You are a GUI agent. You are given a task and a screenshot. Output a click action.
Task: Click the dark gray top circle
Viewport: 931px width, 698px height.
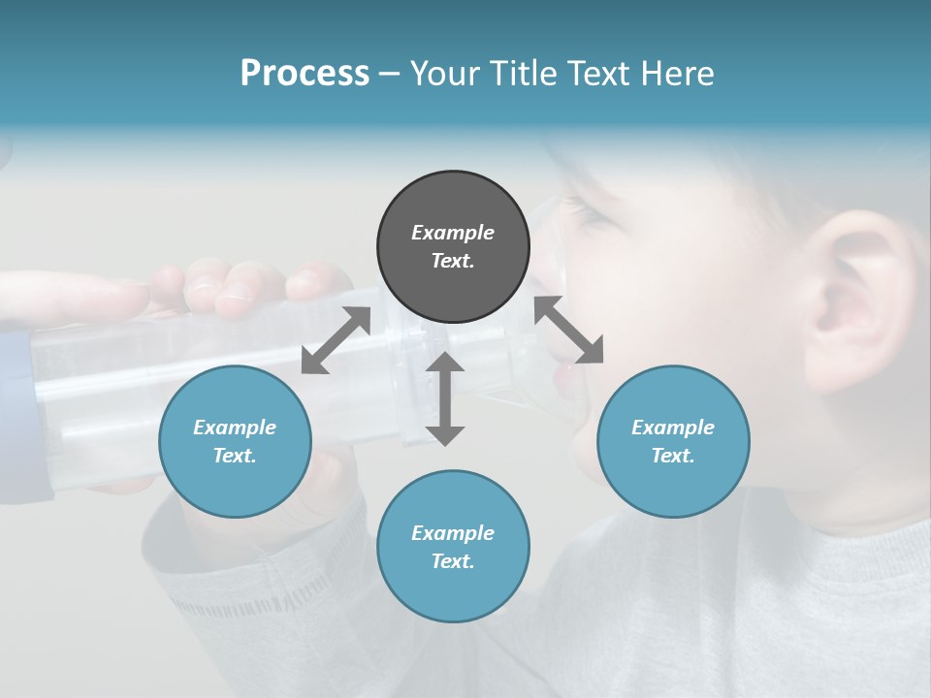coord(453,247)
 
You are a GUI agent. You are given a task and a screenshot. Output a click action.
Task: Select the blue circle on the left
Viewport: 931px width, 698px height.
coord(235,441)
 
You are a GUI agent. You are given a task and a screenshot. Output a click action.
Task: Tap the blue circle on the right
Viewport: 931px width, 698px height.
coord(673,441)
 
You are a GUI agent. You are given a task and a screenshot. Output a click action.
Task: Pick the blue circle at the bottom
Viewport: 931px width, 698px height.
coord(453,547)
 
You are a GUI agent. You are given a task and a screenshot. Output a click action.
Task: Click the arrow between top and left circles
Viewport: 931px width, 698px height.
coord(336,340)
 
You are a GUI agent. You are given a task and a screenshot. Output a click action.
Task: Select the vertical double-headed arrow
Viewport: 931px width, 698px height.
coord(445,398)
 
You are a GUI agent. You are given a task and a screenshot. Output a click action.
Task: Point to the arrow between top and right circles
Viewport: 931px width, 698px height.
coord(568,330)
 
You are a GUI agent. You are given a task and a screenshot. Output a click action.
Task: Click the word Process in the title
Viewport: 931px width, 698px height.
coord(305,73)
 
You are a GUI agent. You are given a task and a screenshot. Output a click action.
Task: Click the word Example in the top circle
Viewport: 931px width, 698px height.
coord(453,233)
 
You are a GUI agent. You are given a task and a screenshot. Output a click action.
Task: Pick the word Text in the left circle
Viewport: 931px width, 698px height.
coord(235,456)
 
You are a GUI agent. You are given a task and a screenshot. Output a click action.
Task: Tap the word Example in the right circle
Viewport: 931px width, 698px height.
coord(673,428)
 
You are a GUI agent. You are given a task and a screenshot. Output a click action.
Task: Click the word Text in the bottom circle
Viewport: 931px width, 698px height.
coord(453,561)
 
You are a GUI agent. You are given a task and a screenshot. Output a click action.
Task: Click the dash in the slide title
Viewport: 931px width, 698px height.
coord(390,74)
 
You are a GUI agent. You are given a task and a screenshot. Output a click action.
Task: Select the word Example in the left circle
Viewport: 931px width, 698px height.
coord(235,428)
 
